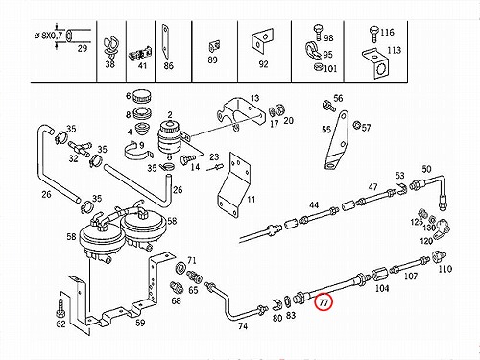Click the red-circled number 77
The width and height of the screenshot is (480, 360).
[324, 302]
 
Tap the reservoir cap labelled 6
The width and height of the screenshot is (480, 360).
[141, 96]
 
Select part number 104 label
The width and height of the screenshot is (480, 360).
[382, 288]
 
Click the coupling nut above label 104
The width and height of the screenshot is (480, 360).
[379, 275]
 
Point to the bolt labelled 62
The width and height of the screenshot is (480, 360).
[60, 306]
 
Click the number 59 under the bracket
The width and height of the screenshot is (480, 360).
[140, 323]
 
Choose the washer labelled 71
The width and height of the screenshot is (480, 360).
[180, 268]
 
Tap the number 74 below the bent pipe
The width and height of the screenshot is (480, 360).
[243, 326]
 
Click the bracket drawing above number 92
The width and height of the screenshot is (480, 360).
[262, 40]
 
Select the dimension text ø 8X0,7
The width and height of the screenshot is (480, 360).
[49, 35]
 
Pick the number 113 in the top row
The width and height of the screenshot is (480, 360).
[394, 50]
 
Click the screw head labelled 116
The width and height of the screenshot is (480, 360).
[373, 31]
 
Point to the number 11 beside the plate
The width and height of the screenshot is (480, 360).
[251, 200]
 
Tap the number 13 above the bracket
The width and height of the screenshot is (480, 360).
[254, 98]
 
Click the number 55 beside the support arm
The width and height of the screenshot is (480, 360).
[326, 130]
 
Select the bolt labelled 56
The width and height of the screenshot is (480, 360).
[328, 106]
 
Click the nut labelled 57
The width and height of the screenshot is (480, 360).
[356, 125]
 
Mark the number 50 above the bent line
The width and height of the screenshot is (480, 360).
[426, 169]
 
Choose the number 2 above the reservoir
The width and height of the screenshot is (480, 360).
[170, 115]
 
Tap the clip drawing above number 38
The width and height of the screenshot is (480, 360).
[110, 47]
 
